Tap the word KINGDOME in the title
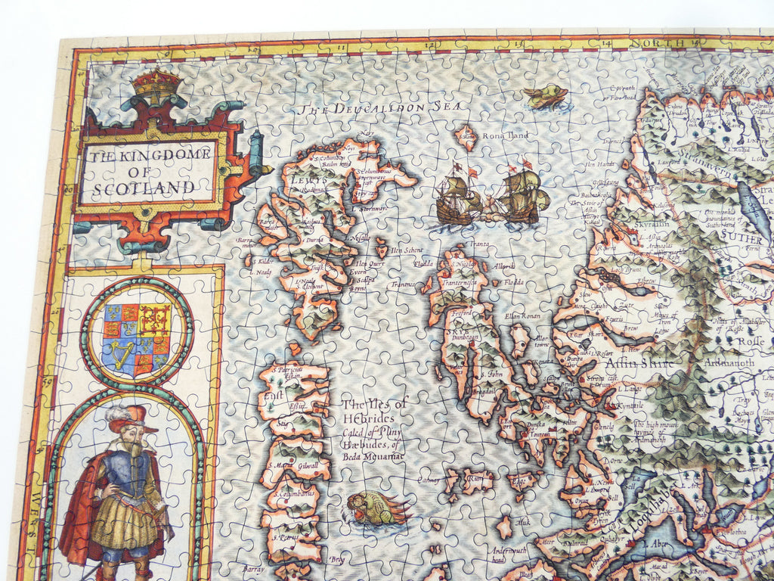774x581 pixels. point(163,155)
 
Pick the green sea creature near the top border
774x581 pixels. point(546,96)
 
